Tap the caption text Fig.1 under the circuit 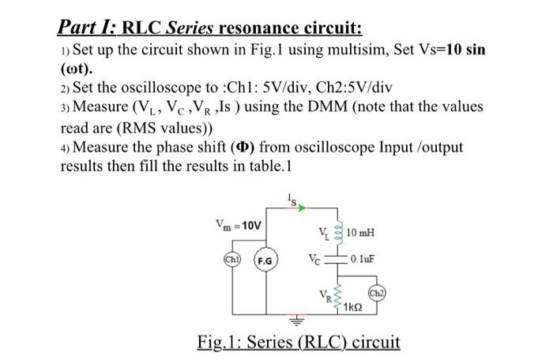coord(220,343)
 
